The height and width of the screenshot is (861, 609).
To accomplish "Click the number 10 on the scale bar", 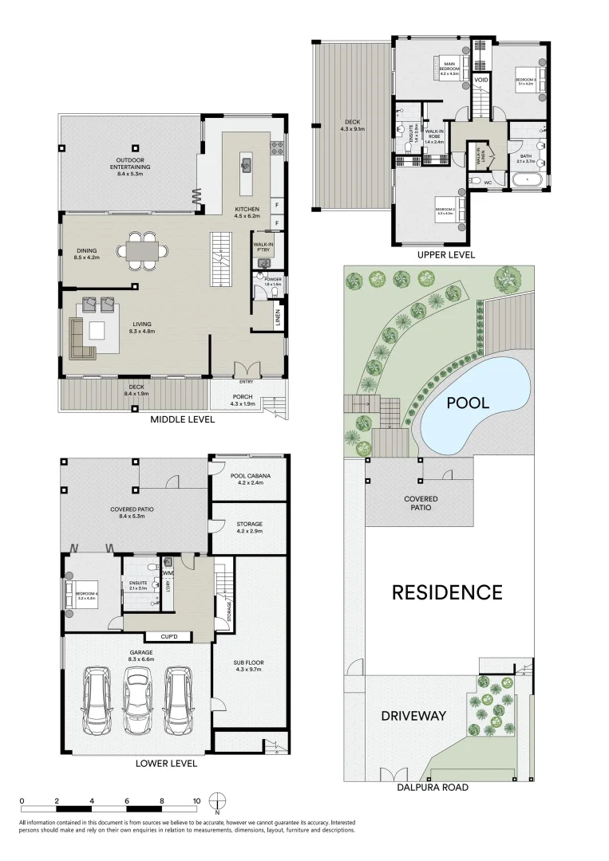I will pyautogui.click(x=196, y=800).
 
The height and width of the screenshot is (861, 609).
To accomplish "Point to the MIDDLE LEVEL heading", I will pyautogui.click(x=182, y=419).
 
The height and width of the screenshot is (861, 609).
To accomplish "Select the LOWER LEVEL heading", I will pyautogui.click(x=165, y=763).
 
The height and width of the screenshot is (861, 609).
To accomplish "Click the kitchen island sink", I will pyautogui.click(x=247, y=166).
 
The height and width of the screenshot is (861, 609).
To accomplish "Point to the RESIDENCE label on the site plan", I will pyautogui.click(x=446, y=592).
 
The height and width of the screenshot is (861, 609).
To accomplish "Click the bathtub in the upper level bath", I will pyautogui.click(x=528, y=183).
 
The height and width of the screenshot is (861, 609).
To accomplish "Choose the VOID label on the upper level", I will pyautogui.click(x=481, y=81).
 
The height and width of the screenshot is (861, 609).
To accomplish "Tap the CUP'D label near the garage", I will pyautogui.click(x=168, y=637).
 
